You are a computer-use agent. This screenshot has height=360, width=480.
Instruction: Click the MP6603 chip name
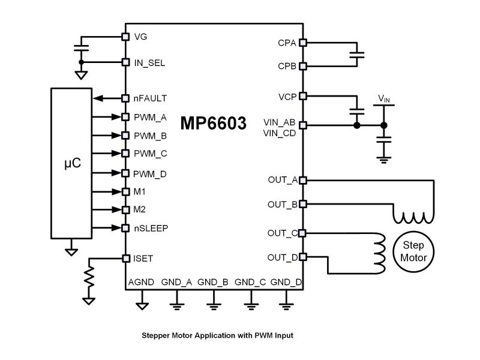213,123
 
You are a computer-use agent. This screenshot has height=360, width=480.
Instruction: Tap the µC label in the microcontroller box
73,163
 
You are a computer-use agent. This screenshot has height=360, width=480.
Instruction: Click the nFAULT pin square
125,98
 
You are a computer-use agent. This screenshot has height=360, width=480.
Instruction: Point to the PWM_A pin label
150,118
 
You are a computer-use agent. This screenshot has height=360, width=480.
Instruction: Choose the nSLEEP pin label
151,229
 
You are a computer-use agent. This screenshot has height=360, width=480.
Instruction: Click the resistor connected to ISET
89,277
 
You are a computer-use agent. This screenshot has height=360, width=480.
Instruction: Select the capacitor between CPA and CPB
357,55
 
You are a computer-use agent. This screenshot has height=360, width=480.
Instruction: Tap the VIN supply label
384,98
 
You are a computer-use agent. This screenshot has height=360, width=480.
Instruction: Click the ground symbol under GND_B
214,307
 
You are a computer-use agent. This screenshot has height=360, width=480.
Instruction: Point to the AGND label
141,282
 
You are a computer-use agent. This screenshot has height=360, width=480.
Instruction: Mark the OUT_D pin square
303,257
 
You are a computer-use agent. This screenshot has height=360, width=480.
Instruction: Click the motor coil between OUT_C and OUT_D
380,253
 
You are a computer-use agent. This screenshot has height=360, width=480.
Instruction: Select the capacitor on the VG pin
81,48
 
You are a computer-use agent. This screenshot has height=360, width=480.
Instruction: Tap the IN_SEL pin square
125,62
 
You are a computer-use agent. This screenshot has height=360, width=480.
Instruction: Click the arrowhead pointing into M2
117,209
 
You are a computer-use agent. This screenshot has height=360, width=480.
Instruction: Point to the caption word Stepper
156,335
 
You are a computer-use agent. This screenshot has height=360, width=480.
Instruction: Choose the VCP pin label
287,97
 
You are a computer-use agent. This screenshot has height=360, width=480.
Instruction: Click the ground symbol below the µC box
71,252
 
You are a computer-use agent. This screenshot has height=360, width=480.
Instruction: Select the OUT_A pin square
303,181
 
